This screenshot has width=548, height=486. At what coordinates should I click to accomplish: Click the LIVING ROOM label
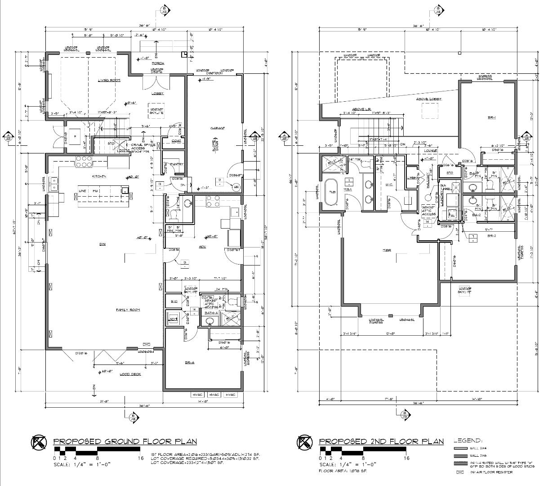(109, 80)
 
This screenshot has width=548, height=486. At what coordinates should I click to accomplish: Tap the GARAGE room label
(217, 128)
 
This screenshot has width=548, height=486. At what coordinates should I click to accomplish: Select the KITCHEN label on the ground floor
(99, 176)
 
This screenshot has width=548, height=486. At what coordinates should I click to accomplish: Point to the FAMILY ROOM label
(128, 310)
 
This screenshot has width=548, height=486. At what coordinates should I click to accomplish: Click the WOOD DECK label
(130, 374)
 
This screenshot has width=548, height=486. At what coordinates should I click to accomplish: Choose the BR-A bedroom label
(189, 362)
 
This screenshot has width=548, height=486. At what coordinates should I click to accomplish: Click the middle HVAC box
(214, 395)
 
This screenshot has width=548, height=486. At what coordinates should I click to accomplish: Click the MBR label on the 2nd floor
(386, 250)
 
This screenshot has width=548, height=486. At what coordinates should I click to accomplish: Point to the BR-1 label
(491, 118)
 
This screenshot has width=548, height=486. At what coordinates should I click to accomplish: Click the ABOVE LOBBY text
(428, 99)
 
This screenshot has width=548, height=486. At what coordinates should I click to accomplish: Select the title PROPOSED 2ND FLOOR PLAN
(381, 441)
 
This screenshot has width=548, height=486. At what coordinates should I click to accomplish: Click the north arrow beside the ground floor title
(39, 443)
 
